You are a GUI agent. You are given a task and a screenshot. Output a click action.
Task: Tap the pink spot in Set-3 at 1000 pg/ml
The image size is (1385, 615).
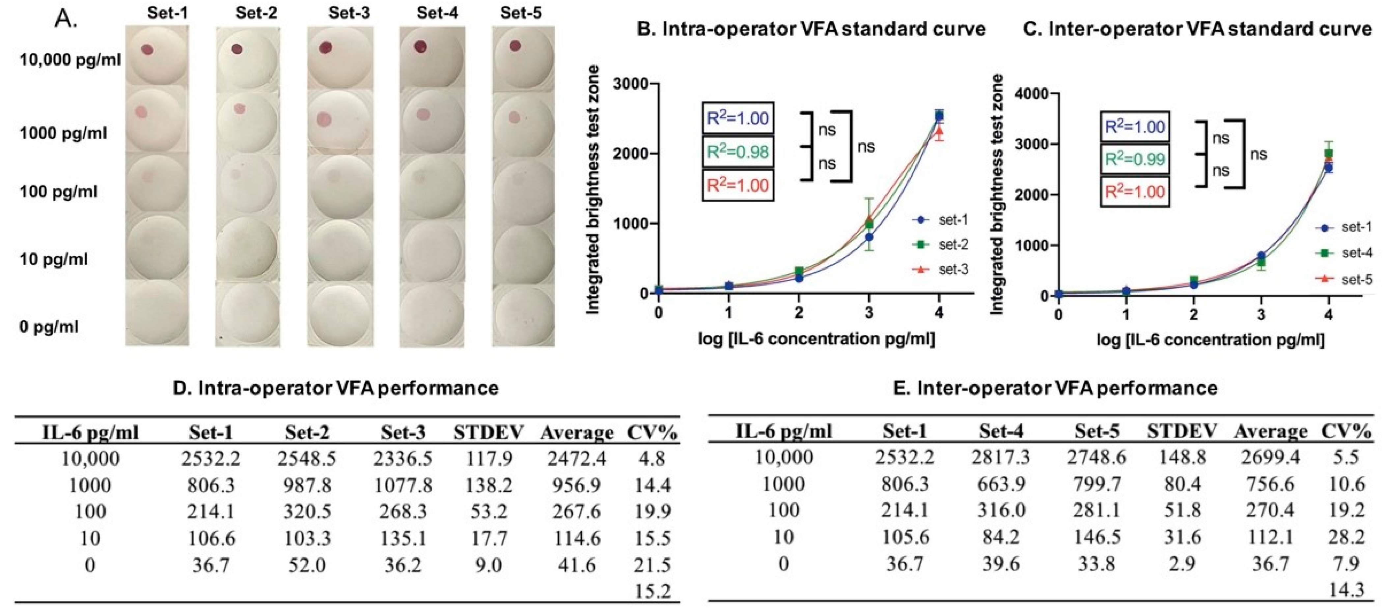(324, 118)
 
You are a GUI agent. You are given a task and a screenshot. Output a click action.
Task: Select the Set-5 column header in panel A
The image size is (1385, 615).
(520, 13)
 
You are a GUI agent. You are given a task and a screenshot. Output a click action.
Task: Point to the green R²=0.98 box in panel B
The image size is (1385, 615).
(738, 152)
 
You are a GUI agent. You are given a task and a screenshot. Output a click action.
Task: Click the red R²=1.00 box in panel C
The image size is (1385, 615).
(1134, 192)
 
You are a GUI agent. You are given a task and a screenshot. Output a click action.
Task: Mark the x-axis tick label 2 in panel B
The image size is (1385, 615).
(799, 312)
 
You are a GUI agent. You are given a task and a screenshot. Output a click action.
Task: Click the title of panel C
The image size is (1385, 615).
(1196, 29)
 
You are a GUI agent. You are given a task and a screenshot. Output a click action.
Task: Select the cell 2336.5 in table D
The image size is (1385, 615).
(403, 458)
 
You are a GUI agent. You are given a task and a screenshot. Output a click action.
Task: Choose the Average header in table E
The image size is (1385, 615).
(1270, 431)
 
